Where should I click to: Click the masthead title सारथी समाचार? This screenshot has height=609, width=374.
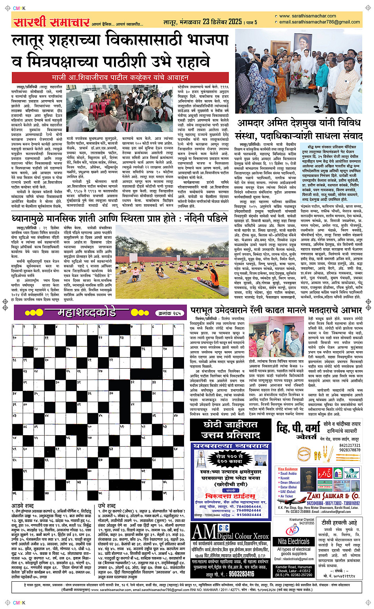click(x=51, y=21)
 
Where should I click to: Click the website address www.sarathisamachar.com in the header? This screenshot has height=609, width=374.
click(x=307, y=16)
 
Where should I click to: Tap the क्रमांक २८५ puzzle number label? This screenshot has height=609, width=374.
click(x=169, y=313)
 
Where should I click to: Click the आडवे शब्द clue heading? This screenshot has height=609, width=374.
click(x=23, y=506)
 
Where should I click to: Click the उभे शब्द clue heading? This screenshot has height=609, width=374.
click(x=106, y=506)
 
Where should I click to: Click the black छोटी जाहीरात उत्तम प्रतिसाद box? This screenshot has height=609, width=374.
click(x=230, y=430)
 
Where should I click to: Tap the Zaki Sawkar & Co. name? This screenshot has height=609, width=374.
click(x=333, y=496)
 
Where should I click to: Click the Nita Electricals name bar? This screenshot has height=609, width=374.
click(x=294, y=541)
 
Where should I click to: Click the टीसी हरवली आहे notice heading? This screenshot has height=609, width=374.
click(x=339, y=522)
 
